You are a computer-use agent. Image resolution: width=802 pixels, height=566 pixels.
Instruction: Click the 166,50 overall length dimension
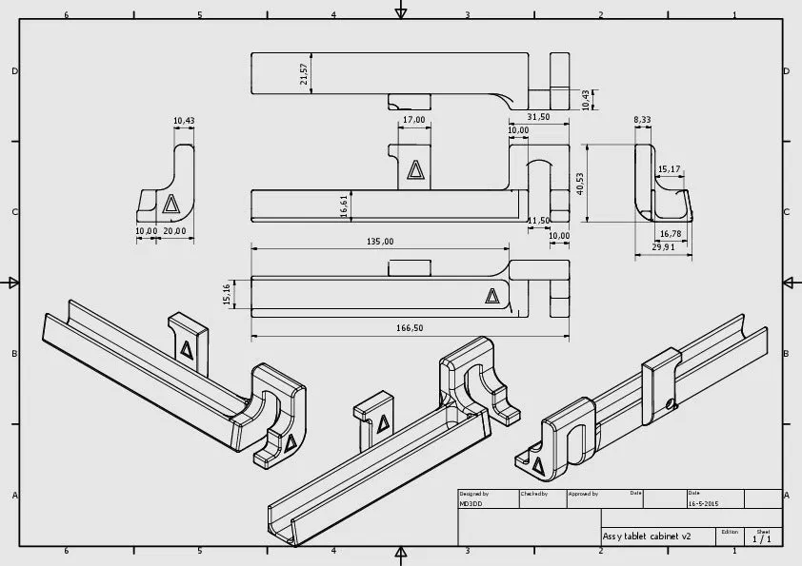pos(410,328)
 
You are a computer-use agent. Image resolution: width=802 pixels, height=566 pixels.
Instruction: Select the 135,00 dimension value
pos(380,242)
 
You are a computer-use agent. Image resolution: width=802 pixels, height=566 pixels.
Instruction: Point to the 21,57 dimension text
pos(304,74)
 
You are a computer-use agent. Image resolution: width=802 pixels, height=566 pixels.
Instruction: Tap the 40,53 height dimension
pos(580,183)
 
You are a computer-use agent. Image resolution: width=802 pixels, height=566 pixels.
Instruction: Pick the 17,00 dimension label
pos(413,120)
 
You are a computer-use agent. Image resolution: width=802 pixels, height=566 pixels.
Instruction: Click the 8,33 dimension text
pos(642,120)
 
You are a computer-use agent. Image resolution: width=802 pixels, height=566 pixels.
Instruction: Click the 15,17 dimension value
pos(669,169)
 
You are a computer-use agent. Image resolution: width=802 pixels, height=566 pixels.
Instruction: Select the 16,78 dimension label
pos(671,233)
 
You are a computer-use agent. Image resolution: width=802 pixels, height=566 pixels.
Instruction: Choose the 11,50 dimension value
pos(538,221)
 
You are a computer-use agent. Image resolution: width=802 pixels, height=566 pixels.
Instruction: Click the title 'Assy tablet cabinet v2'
pos(647,537)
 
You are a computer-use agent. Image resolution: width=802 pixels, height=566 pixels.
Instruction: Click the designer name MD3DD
pos(471,504)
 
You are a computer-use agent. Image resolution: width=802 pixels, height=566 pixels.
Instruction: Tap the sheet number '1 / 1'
pos(762,539)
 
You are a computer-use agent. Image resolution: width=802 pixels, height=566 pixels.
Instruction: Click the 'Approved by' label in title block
pos(583,494)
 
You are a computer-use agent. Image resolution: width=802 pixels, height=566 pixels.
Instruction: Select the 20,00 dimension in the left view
pos(174,231)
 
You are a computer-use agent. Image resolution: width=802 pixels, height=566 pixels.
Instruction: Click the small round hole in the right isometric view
pos(672,404)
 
